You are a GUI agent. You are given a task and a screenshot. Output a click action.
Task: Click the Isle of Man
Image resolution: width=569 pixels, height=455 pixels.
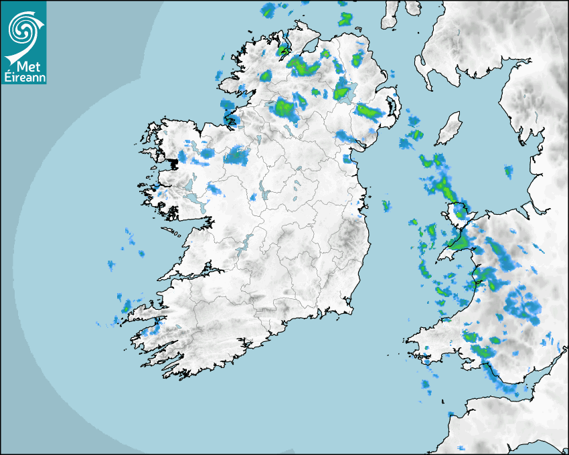(448, 129)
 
